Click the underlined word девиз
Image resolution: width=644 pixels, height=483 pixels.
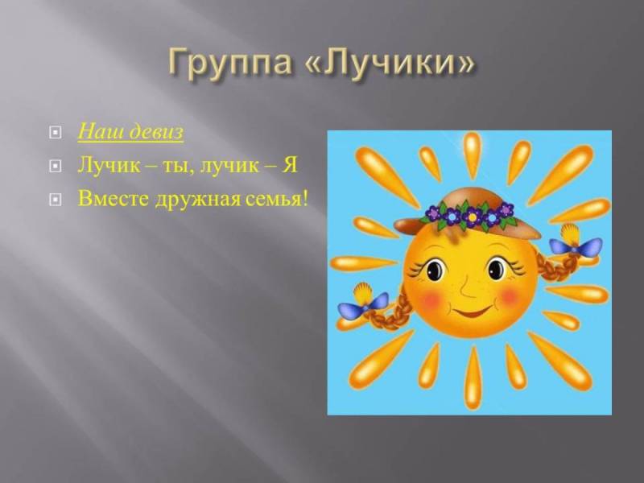coord(155,131)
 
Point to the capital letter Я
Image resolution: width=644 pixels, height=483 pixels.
coord(290,165)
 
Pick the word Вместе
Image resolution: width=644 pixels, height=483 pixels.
coord(114,198)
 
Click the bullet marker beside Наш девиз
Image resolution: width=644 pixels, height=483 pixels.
coord(56,132)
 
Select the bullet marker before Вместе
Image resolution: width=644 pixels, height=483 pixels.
coord(56,200)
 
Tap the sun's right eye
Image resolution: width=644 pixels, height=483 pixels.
coord(497,269)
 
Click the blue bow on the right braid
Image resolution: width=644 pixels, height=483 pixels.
coord(574,247)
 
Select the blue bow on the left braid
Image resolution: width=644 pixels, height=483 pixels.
coord(364,304)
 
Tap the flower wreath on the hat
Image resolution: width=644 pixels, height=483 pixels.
coord(469,214)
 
